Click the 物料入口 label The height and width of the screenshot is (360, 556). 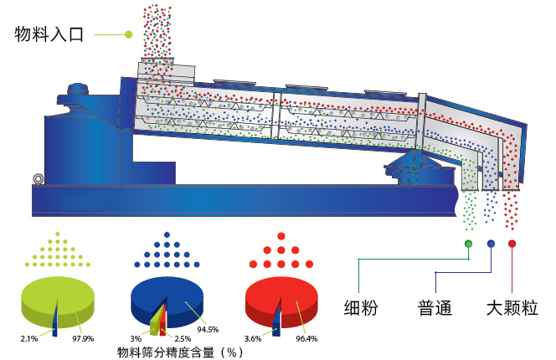[49, 34]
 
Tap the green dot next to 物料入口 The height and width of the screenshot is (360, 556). [128, 34]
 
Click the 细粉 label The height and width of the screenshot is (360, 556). [361, 307]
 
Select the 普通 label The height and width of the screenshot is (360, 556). [435, 307]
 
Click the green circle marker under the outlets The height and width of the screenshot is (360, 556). [468, 244]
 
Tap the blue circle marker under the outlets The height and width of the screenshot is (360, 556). [491, 244]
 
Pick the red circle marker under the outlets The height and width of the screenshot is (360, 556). [512, 244]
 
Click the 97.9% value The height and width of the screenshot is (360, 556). [84, 338]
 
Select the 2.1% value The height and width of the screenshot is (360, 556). [28, 338]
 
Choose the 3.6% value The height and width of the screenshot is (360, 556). [253, 338]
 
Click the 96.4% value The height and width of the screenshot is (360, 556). [307, 338]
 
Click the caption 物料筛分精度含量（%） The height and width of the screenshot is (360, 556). [180, 352]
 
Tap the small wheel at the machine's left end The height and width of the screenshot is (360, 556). [37, 178]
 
